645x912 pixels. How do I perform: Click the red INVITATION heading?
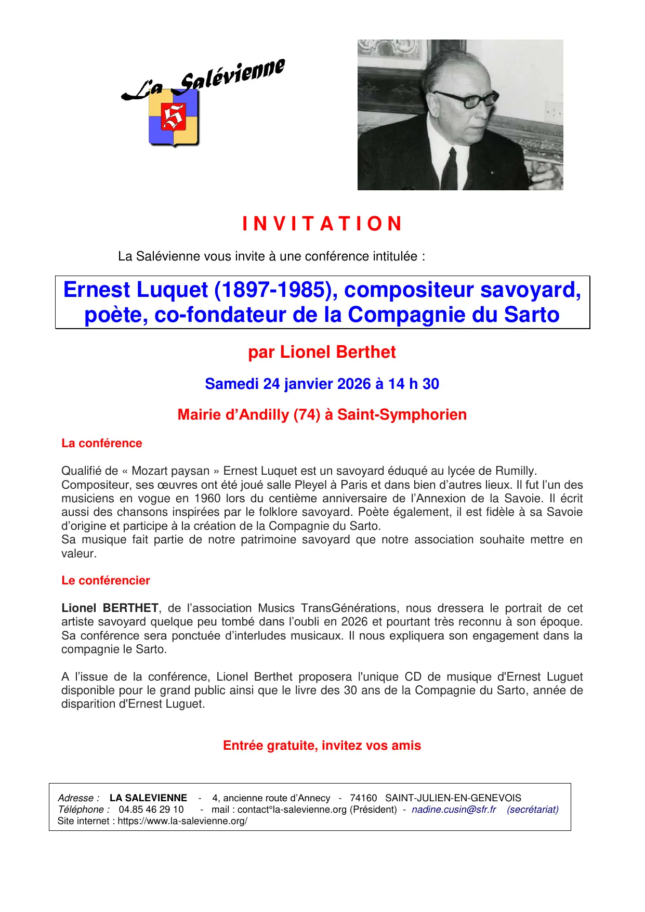(322, 224)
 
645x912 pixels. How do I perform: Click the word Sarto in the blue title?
(532, 315)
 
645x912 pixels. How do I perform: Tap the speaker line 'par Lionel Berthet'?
(322, 353)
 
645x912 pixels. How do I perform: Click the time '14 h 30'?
(414, 384)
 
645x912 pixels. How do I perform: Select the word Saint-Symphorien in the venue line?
(402, 415)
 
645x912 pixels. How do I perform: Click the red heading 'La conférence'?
(102, 444)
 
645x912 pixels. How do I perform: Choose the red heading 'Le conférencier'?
(106, 581)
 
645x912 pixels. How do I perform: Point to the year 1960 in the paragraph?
(207, 499)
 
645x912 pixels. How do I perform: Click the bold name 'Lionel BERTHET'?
(110, 608)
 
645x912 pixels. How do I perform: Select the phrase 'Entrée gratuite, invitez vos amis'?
(322, 746)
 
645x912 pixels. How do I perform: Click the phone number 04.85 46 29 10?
(151, 810)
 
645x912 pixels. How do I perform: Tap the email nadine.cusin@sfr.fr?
(454, 810)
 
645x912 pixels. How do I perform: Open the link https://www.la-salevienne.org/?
(182, 821)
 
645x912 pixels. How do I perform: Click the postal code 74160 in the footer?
(363, 798)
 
